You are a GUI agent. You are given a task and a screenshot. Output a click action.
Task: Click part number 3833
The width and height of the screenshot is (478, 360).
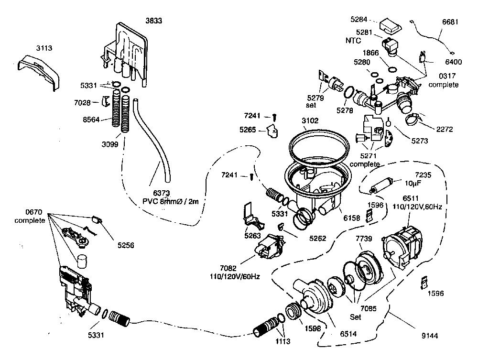tap(153, 21)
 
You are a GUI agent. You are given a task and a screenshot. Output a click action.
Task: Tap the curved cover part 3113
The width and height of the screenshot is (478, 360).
tap(38, 72)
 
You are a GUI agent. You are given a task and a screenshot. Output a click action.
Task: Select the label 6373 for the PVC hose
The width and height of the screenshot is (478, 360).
tap(161, 193)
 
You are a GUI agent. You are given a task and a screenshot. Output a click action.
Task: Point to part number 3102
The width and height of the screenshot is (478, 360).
tap(310, 120)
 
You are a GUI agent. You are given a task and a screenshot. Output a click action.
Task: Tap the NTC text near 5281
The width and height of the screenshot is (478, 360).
tap(353, 41)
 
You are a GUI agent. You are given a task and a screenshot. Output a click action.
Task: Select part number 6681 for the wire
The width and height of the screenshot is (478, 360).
tap(450, 22)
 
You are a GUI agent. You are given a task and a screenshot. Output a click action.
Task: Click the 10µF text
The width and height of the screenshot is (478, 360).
tap(413, 183)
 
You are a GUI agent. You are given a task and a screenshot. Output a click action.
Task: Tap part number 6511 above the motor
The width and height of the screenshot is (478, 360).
tap(411, 198)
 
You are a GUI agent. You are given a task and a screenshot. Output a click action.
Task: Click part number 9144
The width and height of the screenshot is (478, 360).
tap(430, 336)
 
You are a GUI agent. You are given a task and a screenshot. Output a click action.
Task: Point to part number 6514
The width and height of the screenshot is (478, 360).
tap(348, 334)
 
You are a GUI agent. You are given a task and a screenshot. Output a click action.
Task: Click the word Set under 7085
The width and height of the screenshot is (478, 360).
tap(356, 317)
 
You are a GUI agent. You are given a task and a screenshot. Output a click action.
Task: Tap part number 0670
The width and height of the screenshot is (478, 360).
tap(34, 212)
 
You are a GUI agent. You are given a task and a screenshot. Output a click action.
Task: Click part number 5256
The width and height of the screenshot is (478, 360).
tap(126, 245)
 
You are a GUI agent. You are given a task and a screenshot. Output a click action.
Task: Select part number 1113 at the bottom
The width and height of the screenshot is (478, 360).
tap(283, 341)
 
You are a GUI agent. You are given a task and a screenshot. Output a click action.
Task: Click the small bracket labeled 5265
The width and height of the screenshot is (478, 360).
tap(273, 131)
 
